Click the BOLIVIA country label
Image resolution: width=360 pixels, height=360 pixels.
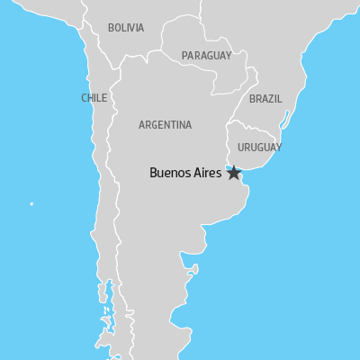[x=125, y=28]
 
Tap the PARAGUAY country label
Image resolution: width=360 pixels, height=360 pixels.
[x=206, y=56]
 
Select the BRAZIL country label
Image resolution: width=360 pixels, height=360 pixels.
[x=265, y=98]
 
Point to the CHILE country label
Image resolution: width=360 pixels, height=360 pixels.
[x=94, y=98]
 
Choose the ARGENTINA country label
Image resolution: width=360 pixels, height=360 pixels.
[x=165, y=125]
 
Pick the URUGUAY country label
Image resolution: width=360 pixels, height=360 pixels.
[x=259, y=147]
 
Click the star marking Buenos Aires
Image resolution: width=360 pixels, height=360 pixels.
[x=234, y=173]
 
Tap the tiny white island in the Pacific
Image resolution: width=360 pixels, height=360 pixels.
[x=31, y=203]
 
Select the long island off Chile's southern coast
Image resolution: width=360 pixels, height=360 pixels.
[x=107, y=297]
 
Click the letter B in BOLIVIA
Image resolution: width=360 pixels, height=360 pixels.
[x=110, y=28]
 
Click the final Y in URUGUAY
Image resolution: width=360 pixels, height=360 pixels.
[x=278, y=147]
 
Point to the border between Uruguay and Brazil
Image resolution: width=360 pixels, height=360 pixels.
[x=261, y=130]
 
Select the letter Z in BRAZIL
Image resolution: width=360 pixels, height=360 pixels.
[x=274, y=98]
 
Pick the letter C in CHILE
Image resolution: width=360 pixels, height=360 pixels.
[x=84, y=98]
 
